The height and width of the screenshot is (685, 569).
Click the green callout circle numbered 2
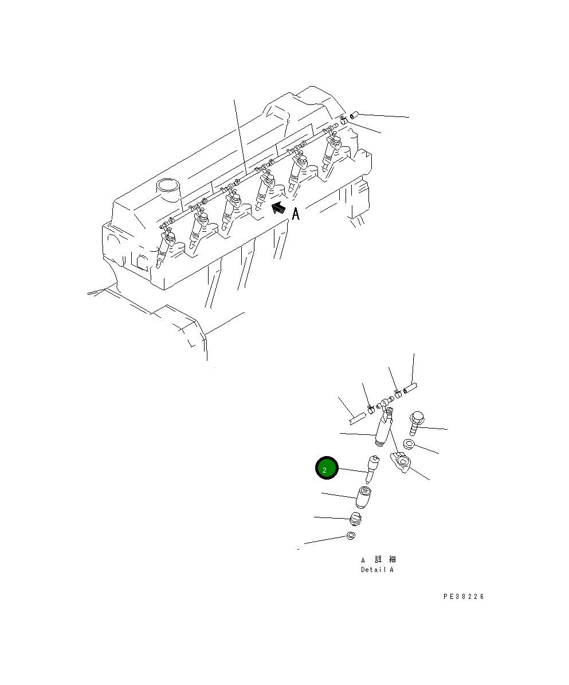[327, 469]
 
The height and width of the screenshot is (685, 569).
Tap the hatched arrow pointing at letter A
[280, 208]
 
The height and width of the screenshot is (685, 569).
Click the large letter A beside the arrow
[296, 214]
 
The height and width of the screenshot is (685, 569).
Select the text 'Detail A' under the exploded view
[377, 570]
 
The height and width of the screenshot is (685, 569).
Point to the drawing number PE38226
[463, 597]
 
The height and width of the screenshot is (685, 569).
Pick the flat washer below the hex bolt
[409, 444]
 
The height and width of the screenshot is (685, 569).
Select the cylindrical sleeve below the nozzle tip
[363, 497]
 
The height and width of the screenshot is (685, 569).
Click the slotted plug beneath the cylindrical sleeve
[357, 521]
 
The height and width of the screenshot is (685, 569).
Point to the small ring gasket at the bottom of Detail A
[351, 536]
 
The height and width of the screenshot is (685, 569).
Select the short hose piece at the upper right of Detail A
[411, 390]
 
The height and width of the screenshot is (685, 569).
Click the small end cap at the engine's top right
[354, 115]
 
